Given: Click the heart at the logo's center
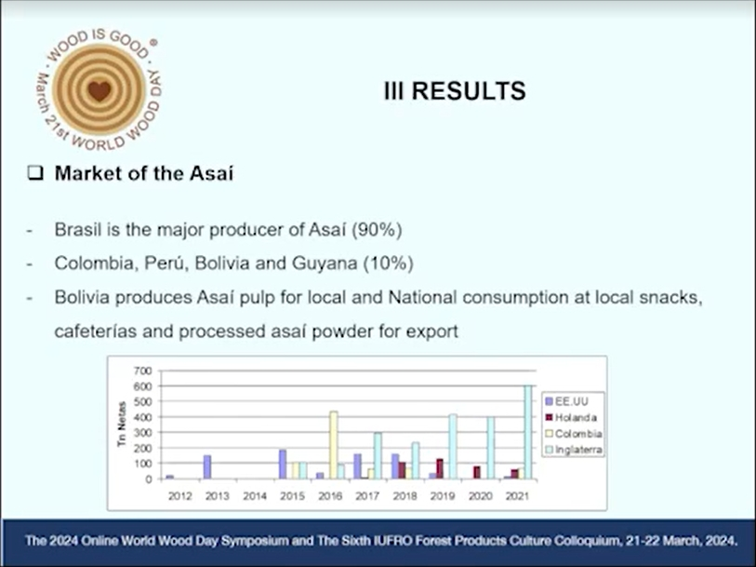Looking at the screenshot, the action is pos(99,90).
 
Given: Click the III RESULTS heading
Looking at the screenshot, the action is pos(455,91).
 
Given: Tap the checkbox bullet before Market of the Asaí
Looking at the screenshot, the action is pos(35,173).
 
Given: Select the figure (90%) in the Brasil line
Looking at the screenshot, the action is pos(377,230).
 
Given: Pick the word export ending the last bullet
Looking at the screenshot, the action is pos(432,331).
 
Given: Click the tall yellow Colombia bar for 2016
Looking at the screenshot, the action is pos(333,445).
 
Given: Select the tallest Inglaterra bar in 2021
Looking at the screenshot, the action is pos(528,432).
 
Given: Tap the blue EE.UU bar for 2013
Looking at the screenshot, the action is pos(207,467).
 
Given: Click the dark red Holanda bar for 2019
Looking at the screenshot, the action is pos(439,469).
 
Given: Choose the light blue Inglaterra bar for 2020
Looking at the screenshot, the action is pos(490,448).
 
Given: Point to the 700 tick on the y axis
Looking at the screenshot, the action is pos(142,371).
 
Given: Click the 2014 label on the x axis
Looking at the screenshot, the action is pos(255,496).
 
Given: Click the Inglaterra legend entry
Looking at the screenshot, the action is pos(574,450).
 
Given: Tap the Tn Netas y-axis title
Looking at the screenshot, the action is pos(122,425).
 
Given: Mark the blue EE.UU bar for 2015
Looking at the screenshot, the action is pos(283,465).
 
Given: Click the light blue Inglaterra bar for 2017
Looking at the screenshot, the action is pos(378,456).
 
